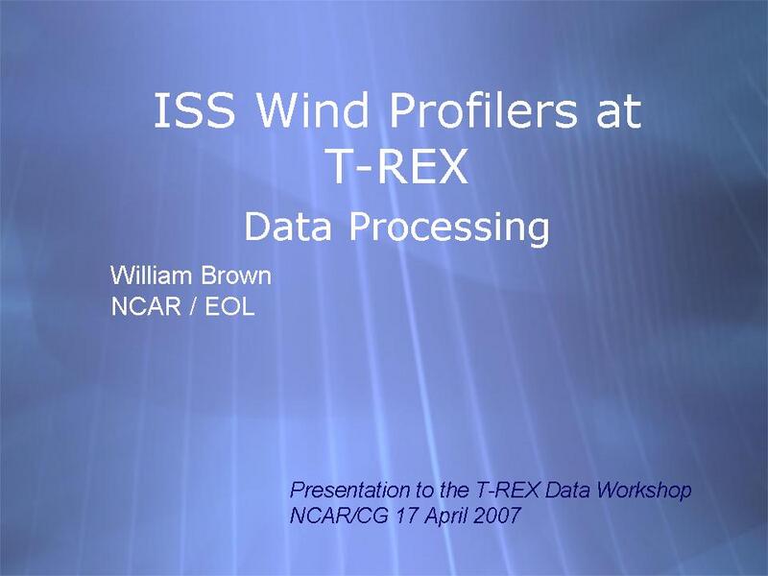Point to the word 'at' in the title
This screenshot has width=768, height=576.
coord(618,111)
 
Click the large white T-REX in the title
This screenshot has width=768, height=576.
coord(398,166)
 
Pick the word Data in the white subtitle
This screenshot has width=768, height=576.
coord(288,227)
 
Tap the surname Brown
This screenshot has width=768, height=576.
coord(236,276)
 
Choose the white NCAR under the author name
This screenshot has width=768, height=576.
coord(146,306)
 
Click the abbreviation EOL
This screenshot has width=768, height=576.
coord(229,306)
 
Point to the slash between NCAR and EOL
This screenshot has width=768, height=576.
coord(193,306)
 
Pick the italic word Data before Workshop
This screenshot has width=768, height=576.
coord(567,490)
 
